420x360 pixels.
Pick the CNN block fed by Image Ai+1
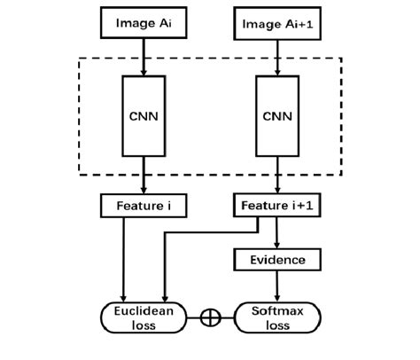[x=277, y=114]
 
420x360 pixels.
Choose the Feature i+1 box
[x=277, y=207]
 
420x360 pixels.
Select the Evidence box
[x=277, y=260]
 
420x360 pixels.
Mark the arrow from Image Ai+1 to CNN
[x=277, y=55]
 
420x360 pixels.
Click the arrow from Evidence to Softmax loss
[x=277, y=286]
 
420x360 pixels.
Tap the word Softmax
[x=277, y=309]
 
